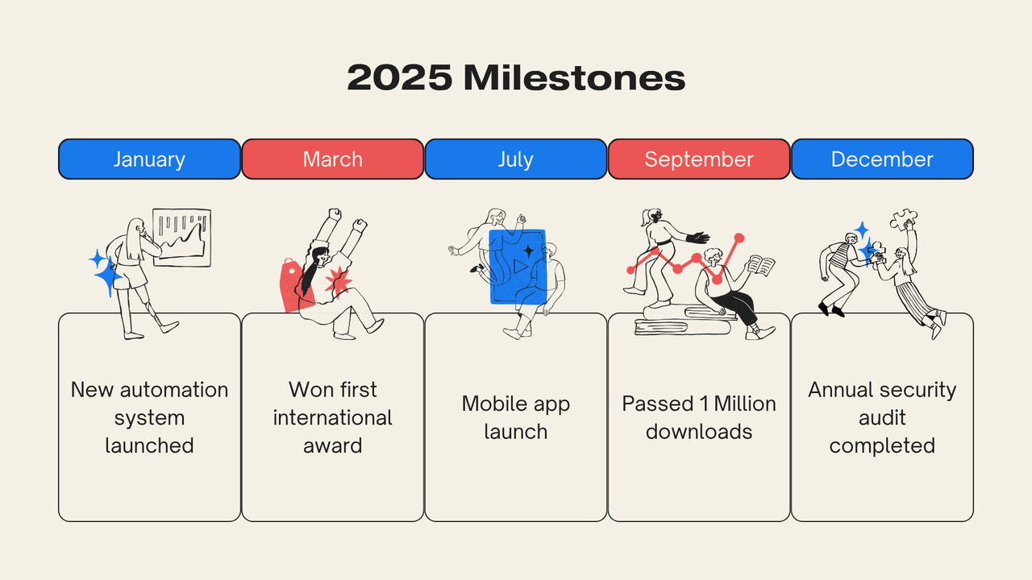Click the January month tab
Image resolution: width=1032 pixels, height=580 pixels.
click(149, 159)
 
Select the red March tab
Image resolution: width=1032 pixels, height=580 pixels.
click(333, 159)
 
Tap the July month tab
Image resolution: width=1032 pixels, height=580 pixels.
click(515, 159)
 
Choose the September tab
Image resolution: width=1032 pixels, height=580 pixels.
click(699, 159)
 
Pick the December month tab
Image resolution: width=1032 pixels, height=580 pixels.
click(882, 159)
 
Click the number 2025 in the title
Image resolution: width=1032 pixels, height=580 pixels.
click(399, 77)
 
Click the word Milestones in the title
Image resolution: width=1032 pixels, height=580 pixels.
click(575, 77)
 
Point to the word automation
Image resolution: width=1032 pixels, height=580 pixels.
click(174, 390)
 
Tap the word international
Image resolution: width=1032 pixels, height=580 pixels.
click(333, 418)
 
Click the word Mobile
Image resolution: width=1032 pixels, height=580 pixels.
click(489, 404)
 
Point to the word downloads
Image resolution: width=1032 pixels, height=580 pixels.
click(699, 432)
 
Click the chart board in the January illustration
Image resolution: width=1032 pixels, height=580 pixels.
click(182, 237)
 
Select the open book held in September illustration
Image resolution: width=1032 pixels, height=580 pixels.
click(760, 266)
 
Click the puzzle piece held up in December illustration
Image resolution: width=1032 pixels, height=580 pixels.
click(904, 218)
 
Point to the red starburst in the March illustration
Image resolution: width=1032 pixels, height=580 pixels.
click(338, 282)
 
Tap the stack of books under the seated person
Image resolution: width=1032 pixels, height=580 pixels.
click(682, 321)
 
